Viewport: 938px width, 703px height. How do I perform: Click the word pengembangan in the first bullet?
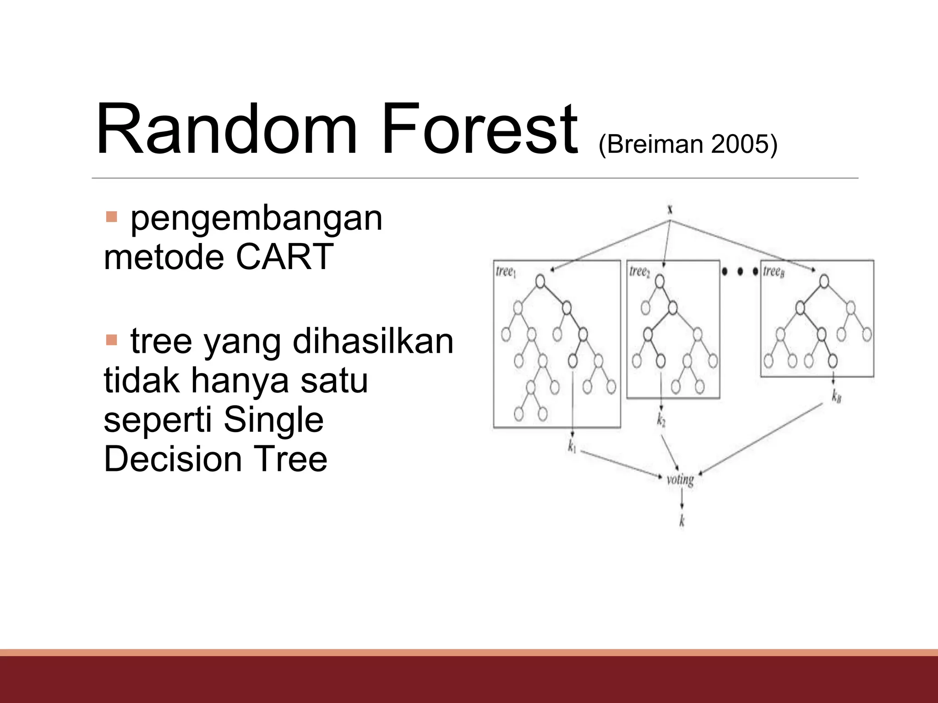click(x=256, y=219)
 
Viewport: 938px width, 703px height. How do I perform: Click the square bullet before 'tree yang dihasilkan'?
click(x=111, y=340)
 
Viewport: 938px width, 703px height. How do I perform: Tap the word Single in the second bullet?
click(x=273, y=420)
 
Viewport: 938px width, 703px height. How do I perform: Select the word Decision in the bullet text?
click(x=173, y=459)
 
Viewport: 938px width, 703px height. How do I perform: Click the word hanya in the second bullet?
click(x=240, y=380)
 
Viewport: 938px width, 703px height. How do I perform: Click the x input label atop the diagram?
click(x=670, y=210)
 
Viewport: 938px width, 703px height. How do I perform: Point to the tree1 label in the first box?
click(x=506, y=272)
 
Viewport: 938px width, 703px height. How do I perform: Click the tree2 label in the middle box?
click(x=639, y=272)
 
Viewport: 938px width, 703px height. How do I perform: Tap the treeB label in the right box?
click(x=774, y=272)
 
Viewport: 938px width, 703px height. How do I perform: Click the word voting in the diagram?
click(x=680, y=480)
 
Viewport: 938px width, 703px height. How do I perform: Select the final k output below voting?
click(x=682, y=521)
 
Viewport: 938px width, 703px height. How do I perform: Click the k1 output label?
click(x=572, y=446)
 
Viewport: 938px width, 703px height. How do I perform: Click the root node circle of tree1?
click(x=540, y=281)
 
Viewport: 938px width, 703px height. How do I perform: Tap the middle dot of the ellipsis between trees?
click(x=740, y=272)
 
